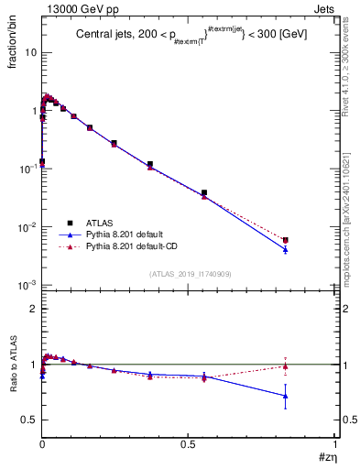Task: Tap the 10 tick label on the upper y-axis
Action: (30, 52)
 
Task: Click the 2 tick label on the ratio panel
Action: (33, 309)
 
